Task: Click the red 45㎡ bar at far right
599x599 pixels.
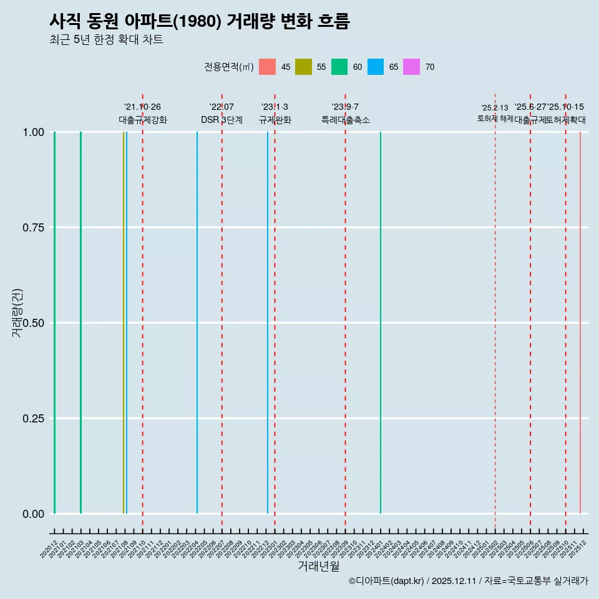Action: [x=580, y=323]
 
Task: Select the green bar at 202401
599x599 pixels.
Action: [x=381, y=323]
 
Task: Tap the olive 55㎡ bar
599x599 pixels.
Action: [x=124, y=323]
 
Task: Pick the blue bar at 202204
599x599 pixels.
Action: [x=197, y=323]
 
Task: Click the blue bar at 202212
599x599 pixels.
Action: [x=268, y=323]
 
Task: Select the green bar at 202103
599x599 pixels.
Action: [x=80, y=323]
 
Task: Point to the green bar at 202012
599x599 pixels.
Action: [x=54, y=323]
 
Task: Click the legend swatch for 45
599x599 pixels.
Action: [x=267, y=67]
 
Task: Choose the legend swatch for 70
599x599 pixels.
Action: [x=411, y=67]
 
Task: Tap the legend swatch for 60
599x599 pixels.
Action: [x=339, y=67]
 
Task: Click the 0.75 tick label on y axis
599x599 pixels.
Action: [x=32, y=228]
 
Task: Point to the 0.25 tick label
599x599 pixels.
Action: [x=32, y=419]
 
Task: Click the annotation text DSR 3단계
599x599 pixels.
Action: [x=222, y=120]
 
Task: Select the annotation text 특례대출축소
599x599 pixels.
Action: [x=345, y=120]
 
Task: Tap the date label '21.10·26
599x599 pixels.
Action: [x=142, y=107]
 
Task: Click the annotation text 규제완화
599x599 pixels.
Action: [x=275, y=120]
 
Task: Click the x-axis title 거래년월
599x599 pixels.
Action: [x=318, y=566]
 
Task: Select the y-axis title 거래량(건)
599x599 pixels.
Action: [x=17, y=313]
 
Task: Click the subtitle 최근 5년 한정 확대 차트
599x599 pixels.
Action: [x=106, y=40]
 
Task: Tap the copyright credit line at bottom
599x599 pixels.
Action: [x=468, y=581]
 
